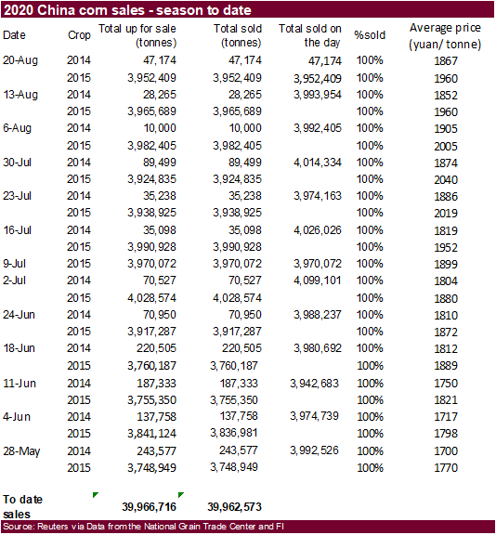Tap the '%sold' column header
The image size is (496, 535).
(370, 35)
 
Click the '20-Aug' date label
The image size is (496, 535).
(20, 60)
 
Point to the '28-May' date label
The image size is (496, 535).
(21, 451)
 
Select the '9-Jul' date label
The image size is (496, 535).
(14, 264)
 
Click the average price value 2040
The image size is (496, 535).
(446, 180)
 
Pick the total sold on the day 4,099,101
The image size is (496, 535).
(318, 281)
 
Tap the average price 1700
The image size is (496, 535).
(446, 451)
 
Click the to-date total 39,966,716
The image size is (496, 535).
(149, 507)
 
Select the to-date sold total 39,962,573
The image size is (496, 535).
(234, 507)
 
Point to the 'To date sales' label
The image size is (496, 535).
(22, 507)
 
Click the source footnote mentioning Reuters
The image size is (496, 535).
(143, 527)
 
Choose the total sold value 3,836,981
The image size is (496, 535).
(234, 433)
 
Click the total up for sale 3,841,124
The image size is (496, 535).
(151, 434)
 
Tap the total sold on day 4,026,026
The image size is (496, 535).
(318, 230)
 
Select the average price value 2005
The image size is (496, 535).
(446, 147)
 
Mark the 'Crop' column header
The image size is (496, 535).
(79, 35)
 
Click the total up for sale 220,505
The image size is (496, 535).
(156, 348)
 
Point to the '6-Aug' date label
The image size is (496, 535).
(17, 128)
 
